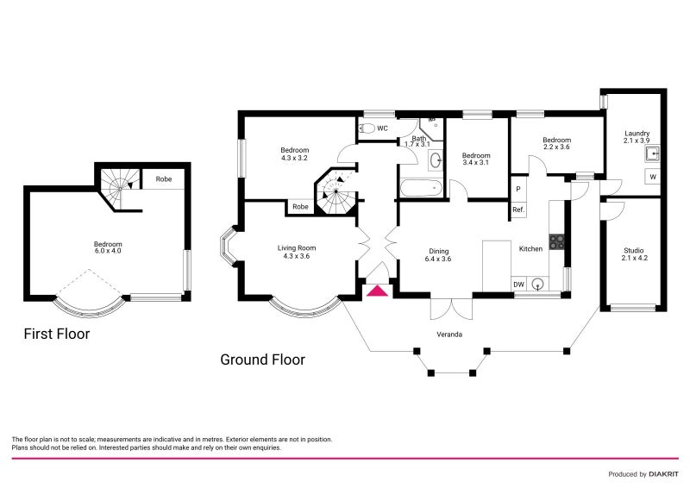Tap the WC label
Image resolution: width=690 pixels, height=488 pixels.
[382, 128]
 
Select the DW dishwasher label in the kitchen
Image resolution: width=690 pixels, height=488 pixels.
[518, 284]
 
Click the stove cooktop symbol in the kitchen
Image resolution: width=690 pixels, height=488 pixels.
[556, 241]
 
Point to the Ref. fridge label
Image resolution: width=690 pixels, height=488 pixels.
[518, 210]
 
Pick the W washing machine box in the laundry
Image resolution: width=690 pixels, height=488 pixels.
[652, 177]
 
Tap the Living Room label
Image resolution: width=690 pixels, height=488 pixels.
[296, 252]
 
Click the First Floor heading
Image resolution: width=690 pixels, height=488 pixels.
[56, 333]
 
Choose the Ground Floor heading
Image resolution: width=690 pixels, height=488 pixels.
[262, 360]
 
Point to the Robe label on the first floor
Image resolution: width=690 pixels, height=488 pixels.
[163, 179]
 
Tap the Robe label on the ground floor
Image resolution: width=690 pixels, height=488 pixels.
[300, 207]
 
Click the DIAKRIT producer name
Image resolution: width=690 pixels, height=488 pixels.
[662, 474]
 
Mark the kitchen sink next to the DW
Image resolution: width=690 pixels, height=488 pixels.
[539, 284]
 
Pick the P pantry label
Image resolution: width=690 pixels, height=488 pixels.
[518, 189]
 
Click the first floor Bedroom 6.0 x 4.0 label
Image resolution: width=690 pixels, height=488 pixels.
[108, 247]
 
